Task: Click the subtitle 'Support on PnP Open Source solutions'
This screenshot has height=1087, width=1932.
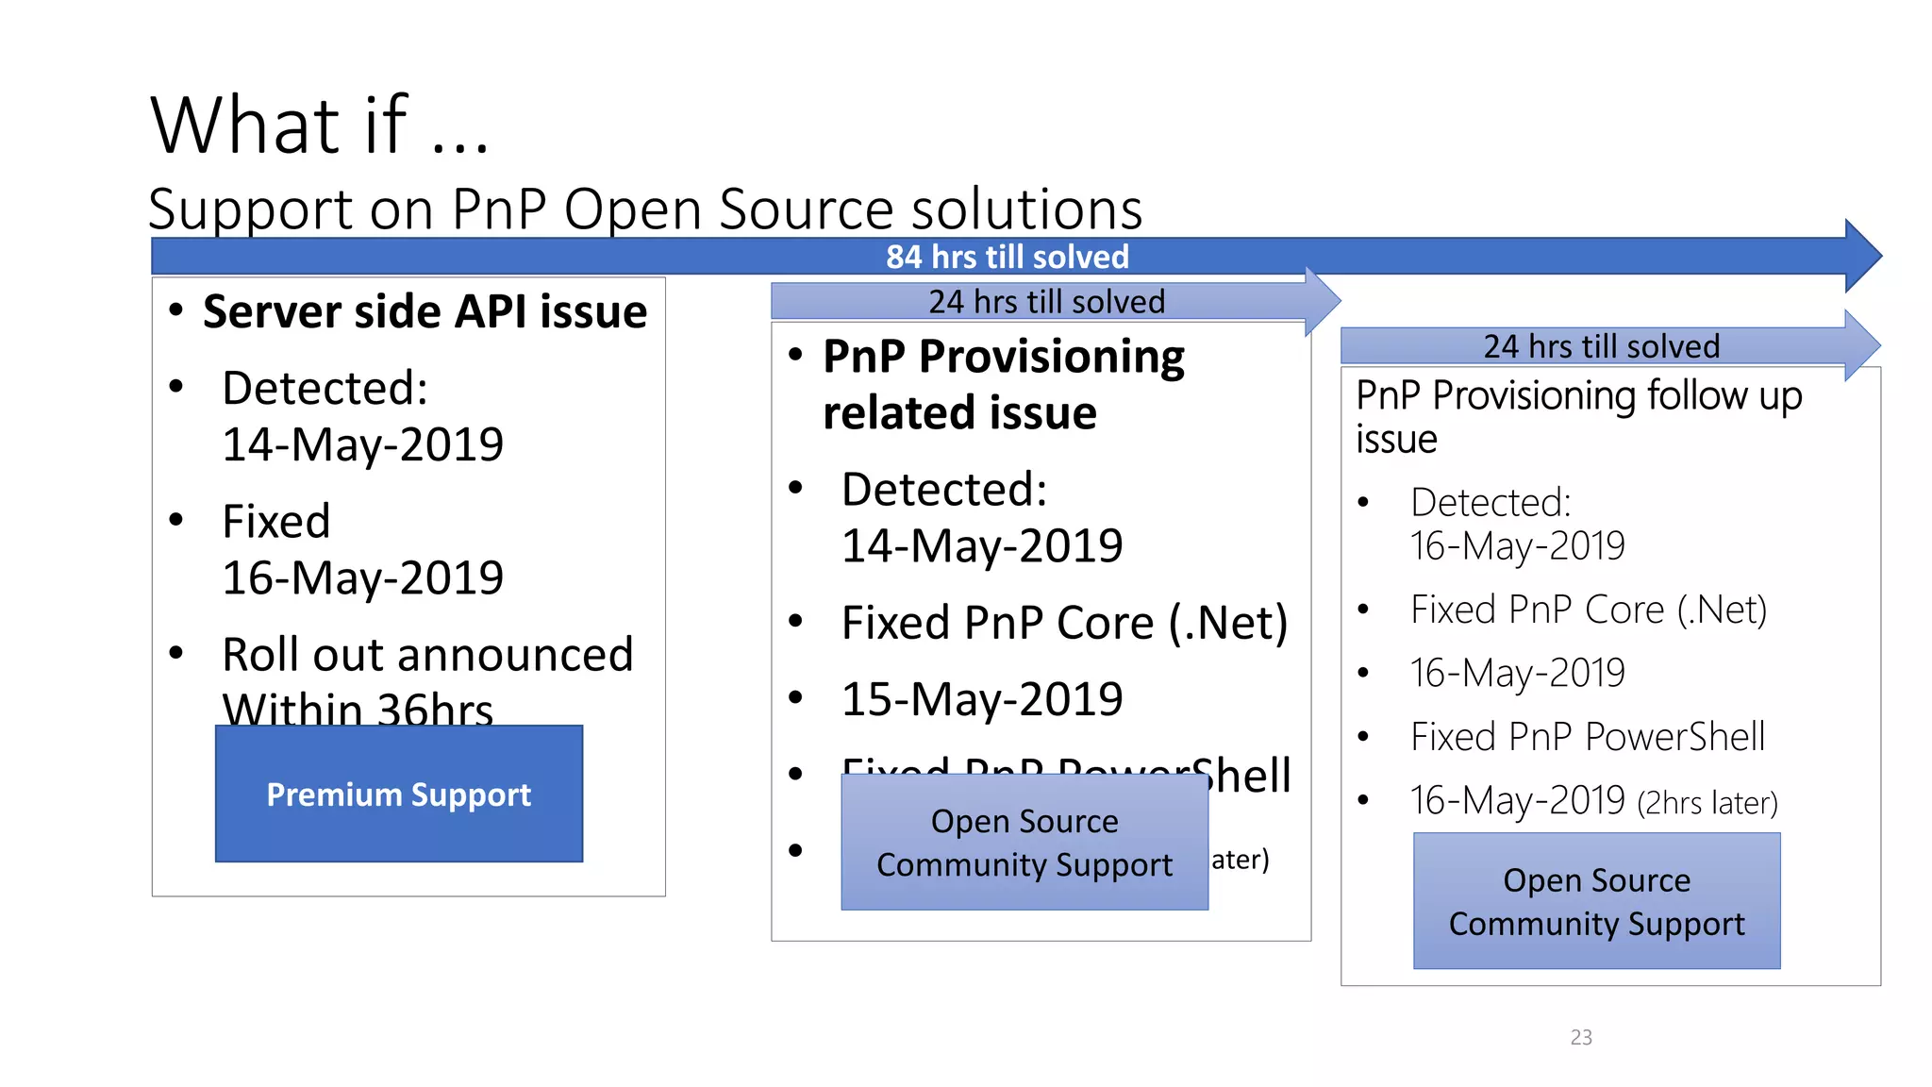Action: coord(645,209)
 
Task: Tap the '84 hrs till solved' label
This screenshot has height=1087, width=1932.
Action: coord(1007,257)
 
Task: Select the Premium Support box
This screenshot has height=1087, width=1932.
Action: coord(399,794)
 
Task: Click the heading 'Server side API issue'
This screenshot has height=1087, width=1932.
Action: coord(425,311)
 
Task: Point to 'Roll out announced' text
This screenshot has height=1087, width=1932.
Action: coord(427,654)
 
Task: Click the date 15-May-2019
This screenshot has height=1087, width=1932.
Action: coord(982,699)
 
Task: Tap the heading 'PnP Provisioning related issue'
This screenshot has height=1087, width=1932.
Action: coord(1003,384)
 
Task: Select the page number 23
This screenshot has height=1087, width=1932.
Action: coord(1581,1037)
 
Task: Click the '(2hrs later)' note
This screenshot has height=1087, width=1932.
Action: coord(1707,803)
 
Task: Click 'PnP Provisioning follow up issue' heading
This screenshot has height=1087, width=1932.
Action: coord(1578,416)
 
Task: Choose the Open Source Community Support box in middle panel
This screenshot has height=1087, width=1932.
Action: coord(1024,843)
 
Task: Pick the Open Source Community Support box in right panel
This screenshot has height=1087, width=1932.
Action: coord(1596,901)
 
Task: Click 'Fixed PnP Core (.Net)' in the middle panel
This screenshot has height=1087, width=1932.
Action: coord(1064,623)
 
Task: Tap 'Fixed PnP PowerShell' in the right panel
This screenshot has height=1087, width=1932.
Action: coord(1588,737)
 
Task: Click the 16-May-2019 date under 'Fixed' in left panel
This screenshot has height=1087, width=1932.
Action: coord(363,577)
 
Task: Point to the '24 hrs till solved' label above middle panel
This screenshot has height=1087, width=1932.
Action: coord(1046,302)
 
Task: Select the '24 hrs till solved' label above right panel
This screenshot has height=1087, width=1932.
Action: coord(1601,346)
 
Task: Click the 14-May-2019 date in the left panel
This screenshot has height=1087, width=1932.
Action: coord(363,444)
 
